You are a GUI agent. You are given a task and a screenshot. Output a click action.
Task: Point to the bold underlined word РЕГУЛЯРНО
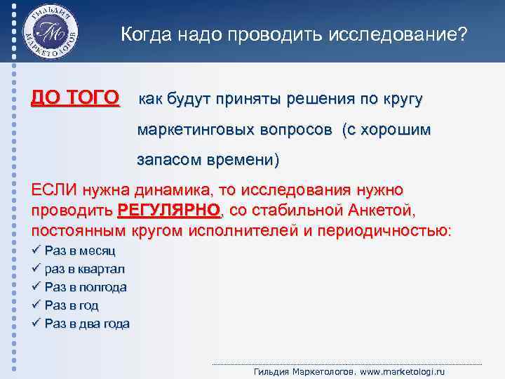(x=168, y=210)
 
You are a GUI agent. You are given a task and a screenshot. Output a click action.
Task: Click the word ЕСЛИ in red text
(x=53, y=190)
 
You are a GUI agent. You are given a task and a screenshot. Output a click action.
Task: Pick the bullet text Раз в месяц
(x=80, y=251)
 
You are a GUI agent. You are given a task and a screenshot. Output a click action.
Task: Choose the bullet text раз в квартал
(x=84, y=269)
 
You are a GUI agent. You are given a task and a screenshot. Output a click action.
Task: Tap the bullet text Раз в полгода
(x=85, y=287)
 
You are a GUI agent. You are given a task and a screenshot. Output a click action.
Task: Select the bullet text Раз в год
(x=71, y=305)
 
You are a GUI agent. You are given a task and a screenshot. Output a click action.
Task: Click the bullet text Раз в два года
(x=86, y=324)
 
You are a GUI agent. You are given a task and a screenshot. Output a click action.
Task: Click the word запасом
(x=167, y=160)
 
